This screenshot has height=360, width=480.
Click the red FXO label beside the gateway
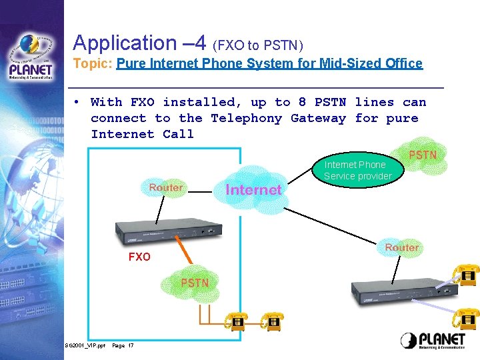pos(139,257)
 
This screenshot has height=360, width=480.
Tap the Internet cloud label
pos(253,189)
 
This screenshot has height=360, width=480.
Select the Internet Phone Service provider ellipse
pos(355,170)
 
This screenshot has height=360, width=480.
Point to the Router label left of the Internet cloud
pos(166,188)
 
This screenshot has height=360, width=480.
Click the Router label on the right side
pos(401,247)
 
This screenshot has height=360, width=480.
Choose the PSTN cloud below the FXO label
pos(195,283)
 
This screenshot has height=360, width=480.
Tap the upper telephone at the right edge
pos(466,275)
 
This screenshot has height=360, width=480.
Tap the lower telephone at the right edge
pos(466,318)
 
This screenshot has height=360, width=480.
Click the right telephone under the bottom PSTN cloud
pos(272,323)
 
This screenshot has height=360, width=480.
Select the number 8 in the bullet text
pos(303,103)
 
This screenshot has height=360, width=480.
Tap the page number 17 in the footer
pos(130,345)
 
